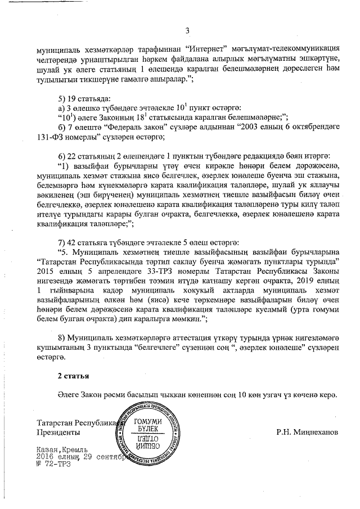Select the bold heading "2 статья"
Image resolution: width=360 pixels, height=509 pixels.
pos(73,374)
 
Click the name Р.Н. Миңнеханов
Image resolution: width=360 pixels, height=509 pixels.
pos(308,433)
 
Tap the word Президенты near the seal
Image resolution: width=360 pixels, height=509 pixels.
pos(57,433)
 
